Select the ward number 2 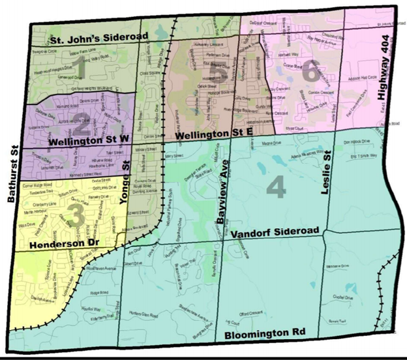(82, 119)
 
